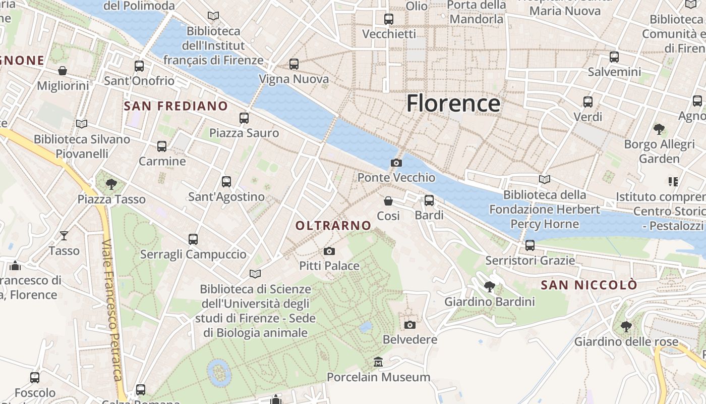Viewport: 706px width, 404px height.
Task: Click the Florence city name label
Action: pos(453,103)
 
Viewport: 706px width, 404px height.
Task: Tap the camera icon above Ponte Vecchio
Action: pos(396,163)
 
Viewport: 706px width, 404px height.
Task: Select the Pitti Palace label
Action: pos(329,266)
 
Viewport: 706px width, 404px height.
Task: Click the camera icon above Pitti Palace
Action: pos(329,251)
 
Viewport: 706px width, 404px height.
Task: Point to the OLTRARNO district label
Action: pos(333,226)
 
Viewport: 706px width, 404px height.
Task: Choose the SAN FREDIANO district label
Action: pos(176,106)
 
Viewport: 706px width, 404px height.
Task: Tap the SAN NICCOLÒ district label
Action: pos(589,285)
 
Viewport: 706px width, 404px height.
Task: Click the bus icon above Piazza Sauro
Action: pos(244,118)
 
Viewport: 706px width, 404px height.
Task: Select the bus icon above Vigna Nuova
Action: pos(294,64)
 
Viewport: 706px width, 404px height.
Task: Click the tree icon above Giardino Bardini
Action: pos(489,287)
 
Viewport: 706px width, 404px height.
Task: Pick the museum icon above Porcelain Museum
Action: pos(378,362)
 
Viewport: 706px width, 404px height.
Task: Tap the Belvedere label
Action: pos(410,339)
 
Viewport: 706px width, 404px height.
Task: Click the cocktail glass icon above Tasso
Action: pos(64,235)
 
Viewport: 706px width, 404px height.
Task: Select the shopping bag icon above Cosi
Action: pos(388,201)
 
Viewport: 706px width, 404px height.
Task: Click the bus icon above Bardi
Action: pos(429,200)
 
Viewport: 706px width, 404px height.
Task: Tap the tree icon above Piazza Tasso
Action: pos(111,184)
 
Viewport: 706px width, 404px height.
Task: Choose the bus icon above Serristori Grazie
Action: pos(530,245)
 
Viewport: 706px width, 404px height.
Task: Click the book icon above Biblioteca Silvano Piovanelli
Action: pos(82,124)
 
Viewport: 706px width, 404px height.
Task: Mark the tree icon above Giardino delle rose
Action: pos(626,327)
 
